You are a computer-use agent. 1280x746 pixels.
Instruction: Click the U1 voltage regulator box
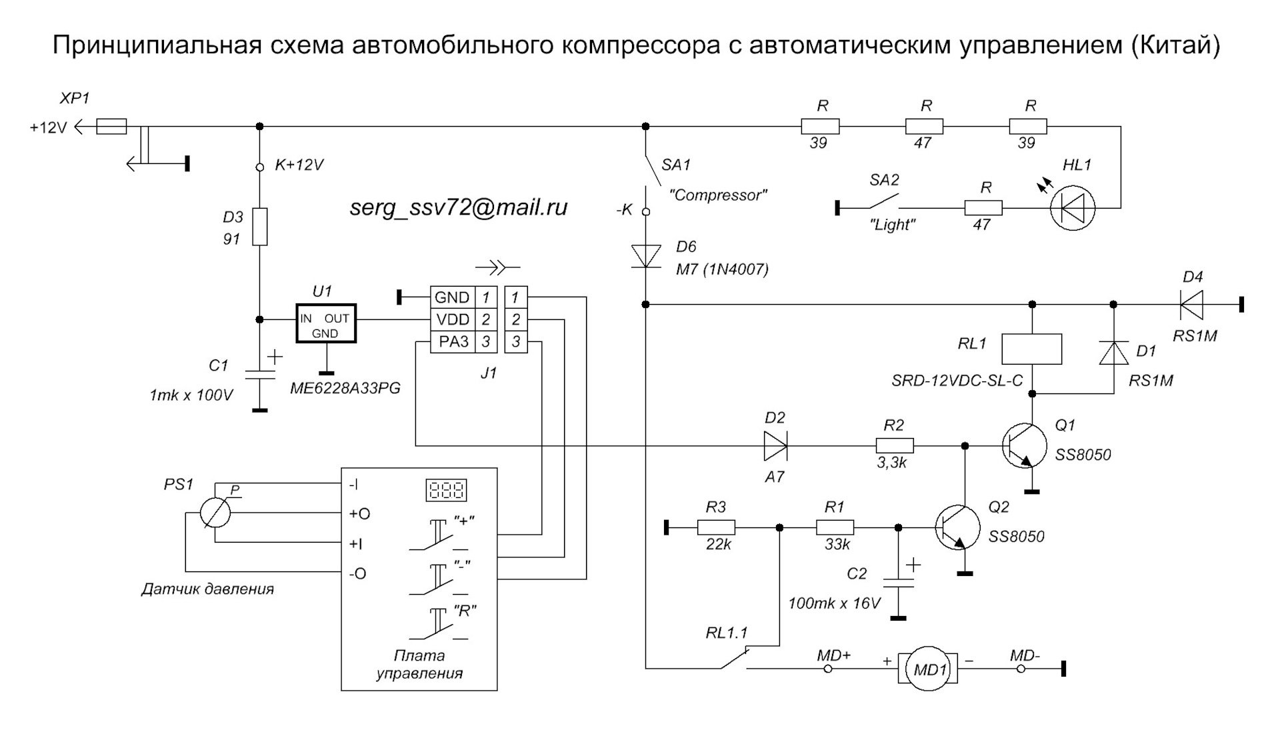[326, 323]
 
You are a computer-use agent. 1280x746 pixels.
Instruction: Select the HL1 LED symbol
[1073, 208]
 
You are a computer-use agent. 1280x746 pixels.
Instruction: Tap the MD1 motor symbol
[929, 669]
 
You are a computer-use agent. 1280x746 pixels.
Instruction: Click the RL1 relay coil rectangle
[1032, 349]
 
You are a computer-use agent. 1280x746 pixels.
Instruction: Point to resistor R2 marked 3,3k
[894, 446]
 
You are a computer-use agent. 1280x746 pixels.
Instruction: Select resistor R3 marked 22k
[716, 528]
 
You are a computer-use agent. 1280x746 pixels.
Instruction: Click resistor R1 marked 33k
[835, 528]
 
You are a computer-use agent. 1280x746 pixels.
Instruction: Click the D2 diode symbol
[775, 446]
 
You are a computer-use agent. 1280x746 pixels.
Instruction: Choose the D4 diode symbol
[1191, 305]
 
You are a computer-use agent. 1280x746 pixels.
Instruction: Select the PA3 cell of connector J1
[453, 342]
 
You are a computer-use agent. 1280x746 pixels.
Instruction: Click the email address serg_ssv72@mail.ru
[459, 207]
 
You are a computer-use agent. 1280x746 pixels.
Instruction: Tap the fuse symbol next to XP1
[111, 126]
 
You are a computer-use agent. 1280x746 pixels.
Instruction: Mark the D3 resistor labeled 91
[260, 227]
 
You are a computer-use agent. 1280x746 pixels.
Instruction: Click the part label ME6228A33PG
[345, 389]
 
